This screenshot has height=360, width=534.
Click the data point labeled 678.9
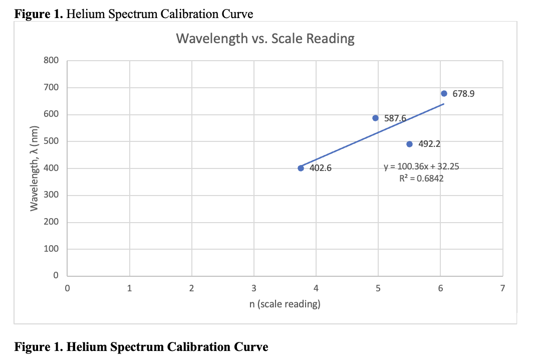(x=444, y=93)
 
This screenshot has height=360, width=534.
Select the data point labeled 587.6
(x=375, y=118)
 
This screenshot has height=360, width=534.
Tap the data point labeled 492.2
(x=409, y=144)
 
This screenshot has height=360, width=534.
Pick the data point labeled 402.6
(x=301, y=168)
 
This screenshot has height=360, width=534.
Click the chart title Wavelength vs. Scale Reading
(x=265, y=39)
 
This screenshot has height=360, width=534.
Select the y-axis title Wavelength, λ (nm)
(x=35, y=168)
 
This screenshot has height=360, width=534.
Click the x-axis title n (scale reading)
(x=285, y=304)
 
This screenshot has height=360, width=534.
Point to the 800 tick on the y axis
(x=52, y=61)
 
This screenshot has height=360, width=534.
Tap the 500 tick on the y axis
(x=52, y=141)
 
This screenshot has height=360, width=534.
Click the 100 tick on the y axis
(x=52, y=249)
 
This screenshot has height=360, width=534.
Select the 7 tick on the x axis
(x=502, y=288)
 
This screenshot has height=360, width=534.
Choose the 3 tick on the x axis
(x=254, y=288)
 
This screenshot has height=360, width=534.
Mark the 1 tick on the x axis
(x=129, y=288)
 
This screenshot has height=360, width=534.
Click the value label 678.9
(x=463, y=94)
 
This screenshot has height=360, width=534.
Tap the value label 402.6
(x=320, y=168)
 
